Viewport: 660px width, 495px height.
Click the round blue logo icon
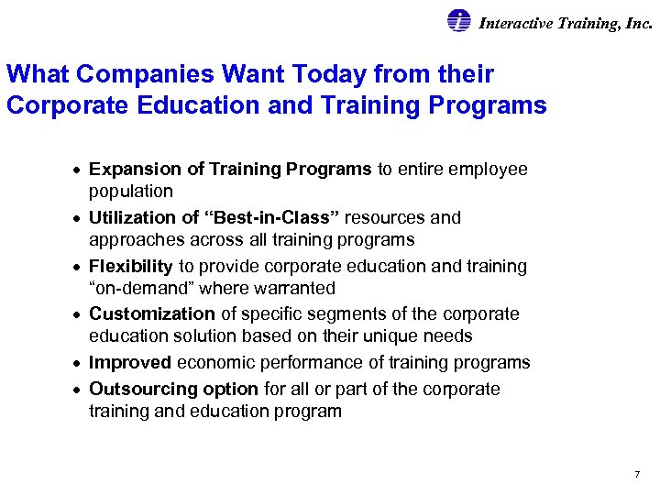tap(458, 22)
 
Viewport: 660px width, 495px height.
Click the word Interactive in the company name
tap(515, 24)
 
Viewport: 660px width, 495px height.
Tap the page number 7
tap(636, 474)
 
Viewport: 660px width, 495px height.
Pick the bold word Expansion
tap(133, 170)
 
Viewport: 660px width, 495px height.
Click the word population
tap(130, 192)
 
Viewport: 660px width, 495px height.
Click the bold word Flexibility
tap(130, 267)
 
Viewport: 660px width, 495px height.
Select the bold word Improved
tap(130, 363)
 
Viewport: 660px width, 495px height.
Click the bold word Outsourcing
tap(138, 389)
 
